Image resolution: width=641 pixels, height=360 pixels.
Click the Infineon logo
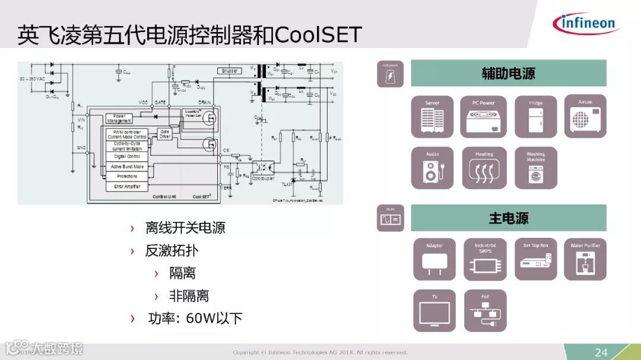coord(585,24)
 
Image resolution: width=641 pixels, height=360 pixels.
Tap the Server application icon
coord(432,116)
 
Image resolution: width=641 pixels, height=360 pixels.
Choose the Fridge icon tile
coord(535,116)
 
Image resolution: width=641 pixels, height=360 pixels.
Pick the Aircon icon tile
coord(585,116)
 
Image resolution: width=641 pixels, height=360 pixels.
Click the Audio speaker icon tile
coord(432,168)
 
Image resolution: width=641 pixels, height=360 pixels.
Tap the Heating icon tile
coord(484,168)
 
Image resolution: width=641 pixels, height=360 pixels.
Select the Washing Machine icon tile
coord(535,168)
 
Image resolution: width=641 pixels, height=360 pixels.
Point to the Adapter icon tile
coord(434,259)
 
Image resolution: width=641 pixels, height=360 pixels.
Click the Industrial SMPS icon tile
coord(485,259)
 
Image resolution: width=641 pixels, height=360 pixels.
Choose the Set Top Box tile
coord(536,259)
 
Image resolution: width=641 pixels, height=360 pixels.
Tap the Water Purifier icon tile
coord(585,259)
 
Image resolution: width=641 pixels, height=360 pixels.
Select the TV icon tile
coord(434,310)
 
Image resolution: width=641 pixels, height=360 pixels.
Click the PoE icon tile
coord(485,310)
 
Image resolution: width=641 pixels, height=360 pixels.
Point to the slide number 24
coord(601,352)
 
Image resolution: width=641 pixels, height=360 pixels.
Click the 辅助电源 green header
coord(509,74)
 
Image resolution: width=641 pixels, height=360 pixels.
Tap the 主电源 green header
coord(509,218)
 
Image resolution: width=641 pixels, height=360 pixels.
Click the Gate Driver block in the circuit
coord(164,134)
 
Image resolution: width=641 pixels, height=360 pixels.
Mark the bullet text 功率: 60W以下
coord(194,318)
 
